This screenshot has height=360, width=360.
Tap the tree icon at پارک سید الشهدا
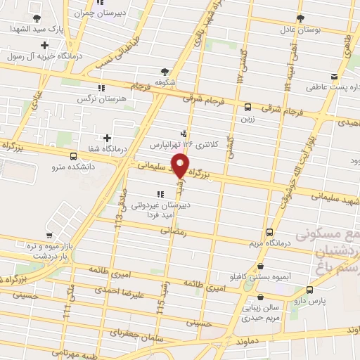point(37,18)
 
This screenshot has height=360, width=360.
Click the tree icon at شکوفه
point(165,71)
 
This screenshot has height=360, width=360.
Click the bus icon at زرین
point(247,108)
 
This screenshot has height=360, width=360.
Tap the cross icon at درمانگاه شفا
point(107,138)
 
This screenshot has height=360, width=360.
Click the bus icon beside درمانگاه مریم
point(270,233)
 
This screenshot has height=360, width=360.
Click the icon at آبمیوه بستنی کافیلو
point(262,267)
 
